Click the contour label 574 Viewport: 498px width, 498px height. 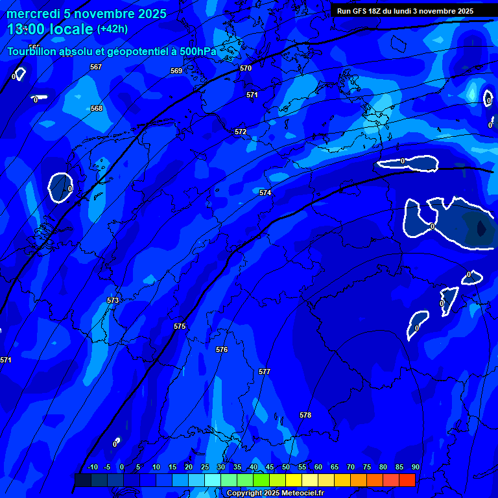[x=265, y=193]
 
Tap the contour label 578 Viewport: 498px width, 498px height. [x=305, y=415]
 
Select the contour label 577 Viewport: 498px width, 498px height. [x=264, y=372]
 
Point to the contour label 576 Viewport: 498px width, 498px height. [x=222, y=350]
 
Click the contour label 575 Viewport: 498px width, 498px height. [x=180, y=326]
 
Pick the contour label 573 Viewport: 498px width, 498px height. [x=113, y=300]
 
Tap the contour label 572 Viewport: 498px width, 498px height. [x=241, y=132]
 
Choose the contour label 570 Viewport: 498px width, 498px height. [x=245, y=68]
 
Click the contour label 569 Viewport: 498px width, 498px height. [x=176, y=71]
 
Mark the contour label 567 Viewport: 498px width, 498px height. [x=96, y=67]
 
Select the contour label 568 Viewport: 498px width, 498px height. [x=97, y=108]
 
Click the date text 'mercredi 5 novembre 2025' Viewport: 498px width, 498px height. [x=86, y=14]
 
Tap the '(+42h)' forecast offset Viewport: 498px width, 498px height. [x=112, y=29]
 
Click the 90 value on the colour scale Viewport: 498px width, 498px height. [x=415, y=467]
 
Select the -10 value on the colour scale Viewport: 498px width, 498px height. [x=92, y=467]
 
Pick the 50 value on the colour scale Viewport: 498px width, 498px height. [x=286, y=467]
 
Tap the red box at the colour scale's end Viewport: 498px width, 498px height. [x=407, y=480]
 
